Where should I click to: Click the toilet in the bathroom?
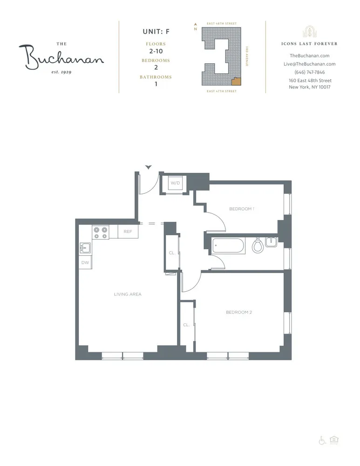pyautogui.click(x=258, y=245)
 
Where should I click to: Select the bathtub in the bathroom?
pyautogui.click(x=228, y=246)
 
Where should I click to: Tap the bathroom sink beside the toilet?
pyautogui.click(x=272, y=241)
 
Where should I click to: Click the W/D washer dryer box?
pyautogui.click(x=175, y=183)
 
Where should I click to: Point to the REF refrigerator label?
pyautogui.click(x=128, y=232)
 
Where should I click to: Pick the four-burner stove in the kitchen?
pyautogui.click(x=101, y=232)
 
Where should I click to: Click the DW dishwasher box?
pyautogui.click(x=85, y=263)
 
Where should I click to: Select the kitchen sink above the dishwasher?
pyautogui.click(x=85, y=248)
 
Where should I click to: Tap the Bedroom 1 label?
pyautogui.click(x=242, y=209)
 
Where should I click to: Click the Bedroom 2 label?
pyautogui.click(x=238, y=312)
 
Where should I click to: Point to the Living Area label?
pyautogui.click(x=128, y=294)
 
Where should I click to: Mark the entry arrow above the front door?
pyautogui.click(x=149, y=167)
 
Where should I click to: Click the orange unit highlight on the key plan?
pyautogui.click(x=237, y=81)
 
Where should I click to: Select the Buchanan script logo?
pyautogui.click(x=61, y=58)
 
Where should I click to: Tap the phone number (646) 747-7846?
pyautogui.click(x=310, y=72)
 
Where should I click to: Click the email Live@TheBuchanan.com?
pyautogui.click(x=310, y=64)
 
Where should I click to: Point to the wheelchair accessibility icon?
pyautogui.click(x=322, y=440)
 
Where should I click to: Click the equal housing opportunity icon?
pyautogui.click(x=333, y=440)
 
